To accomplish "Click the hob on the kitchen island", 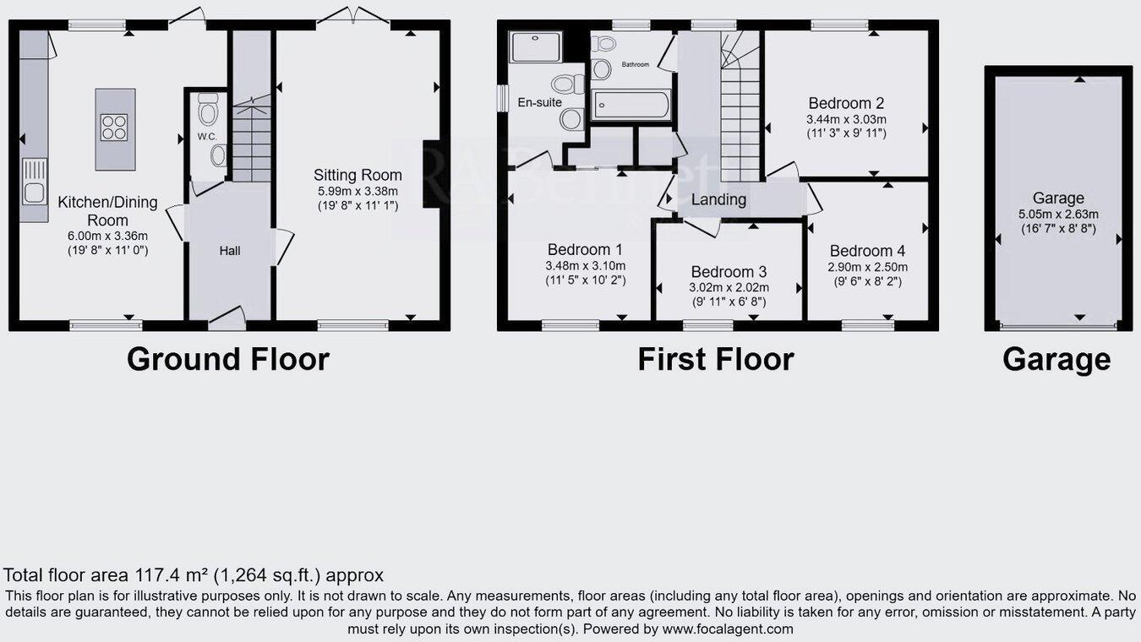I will click(x=115, y=128).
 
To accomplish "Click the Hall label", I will click(x=230, y=251).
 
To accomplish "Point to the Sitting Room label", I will click(x=358, y=176).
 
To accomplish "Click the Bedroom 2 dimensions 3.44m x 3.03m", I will click(x=846, y=120).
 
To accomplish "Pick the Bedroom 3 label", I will click(x=729, y=272).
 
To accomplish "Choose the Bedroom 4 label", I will click(x=867, y=251).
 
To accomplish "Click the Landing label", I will click(x=718, y=200).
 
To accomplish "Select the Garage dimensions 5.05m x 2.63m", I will click(x=1058, y=214).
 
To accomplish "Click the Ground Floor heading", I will click(x=227, y=359).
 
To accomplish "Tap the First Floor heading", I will click(x=715, y=359).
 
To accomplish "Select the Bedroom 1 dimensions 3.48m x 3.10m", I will click(x=586, y=265).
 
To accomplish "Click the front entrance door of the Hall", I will click(x=227, y=318).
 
